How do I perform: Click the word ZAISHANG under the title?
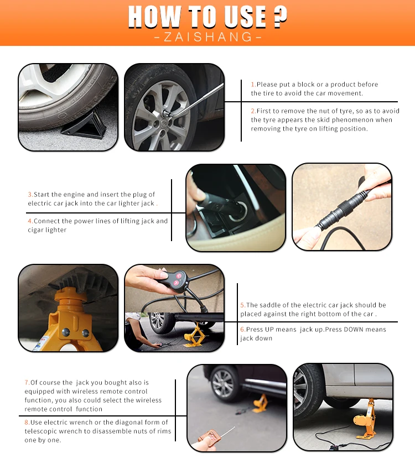coord(208,37)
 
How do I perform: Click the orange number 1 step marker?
coord(253,84)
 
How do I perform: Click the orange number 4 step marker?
coord(30,221)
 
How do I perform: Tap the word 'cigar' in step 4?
coord(36,230)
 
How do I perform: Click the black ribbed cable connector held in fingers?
coord(340,210)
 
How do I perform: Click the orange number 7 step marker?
coord(27,382)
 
